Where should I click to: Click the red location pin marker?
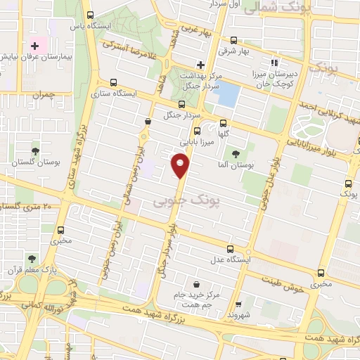click(x=181, y=166)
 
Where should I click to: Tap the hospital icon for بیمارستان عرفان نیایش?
click(x=34, y=46)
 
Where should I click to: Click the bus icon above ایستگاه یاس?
click(x=89, y=15)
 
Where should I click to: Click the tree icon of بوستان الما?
click(x=235, y=154)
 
